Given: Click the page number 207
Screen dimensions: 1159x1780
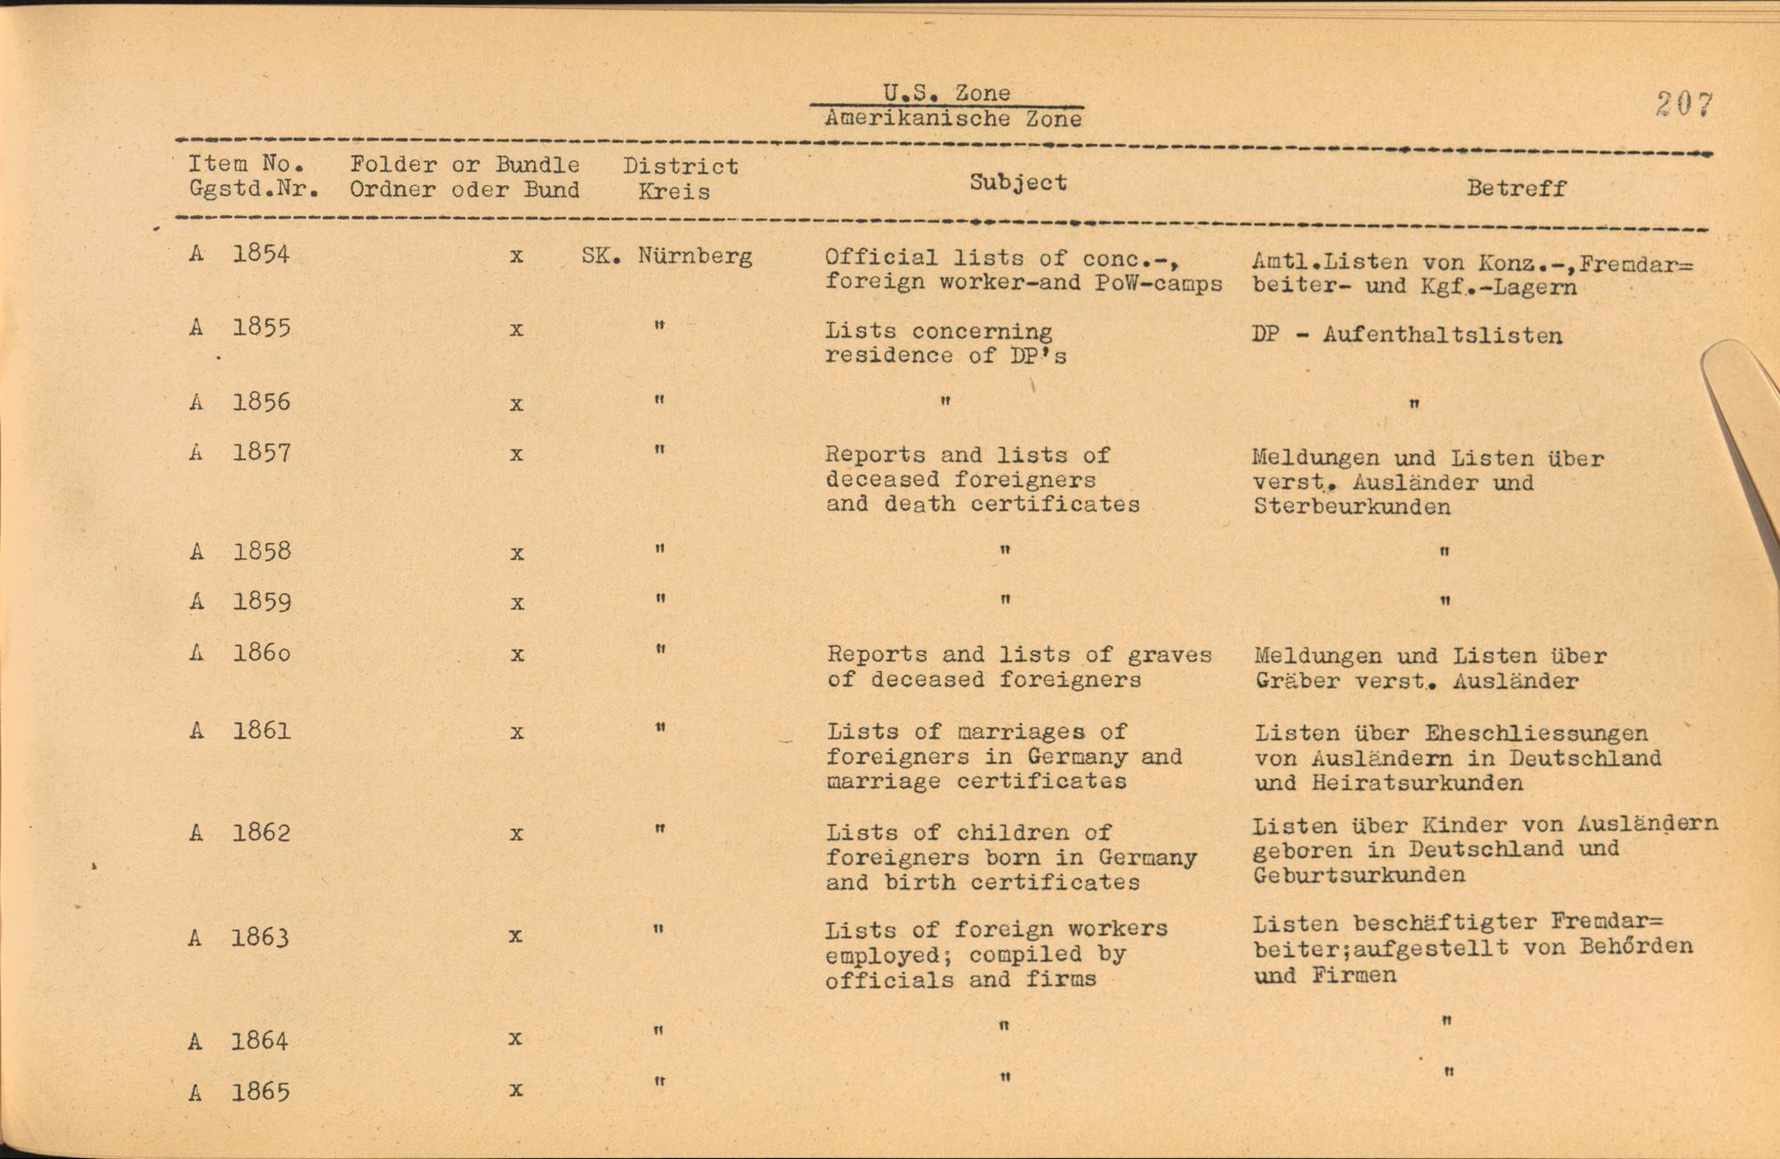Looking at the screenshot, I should point(1684,105).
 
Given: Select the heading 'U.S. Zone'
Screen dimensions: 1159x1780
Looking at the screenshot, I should point(946,93).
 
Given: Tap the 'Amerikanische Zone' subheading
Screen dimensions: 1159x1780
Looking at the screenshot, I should point(953,118).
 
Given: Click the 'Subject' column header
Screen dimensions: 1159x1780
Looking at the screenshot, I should point(1018,182).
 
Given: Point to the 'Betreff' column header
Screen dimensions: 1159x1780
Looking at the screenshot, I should point(1516,188).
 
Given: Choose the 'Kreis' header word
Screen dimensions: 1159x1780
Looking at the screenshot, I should point(674,191).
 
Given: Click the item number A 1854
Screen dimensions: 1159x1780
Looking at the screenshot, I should point(239,254).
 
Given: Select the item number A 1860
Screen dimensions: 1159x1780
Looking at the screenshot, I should point(239,652).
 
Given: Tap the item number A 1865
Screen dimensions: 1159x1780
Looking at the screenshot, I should point(239,1091).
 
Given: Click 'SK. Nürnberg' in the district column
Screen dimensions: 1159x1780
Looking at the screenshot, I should point(667,256).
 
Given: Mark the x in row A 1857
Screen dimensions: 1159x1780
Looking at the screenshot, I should point(516,455).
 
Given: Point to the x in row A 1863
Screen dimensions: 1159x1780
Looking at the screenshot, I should point(514,936).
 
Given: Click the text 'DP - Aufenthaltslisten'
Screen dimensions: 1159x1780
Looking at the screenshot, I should point(1406,336).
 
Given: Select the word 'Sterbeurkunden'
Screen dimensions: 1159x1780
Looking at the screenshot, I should point(1352,507).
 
